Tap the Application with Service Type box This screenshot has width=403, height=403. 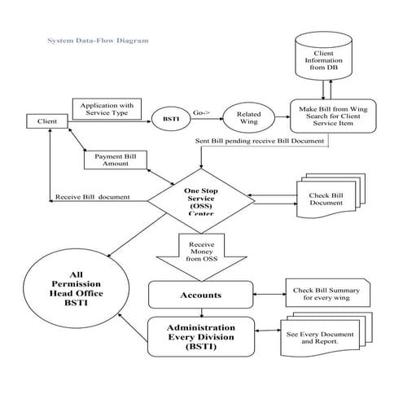pos(107,108)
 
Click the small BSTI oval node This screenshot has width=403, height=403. pos(171,120)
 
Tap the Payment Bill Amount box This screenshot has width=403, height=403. pos(116,159)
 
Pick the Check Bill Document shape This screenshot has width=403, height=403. pos(327,199)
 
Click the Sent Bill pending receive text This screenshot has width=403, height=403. pos(260,141)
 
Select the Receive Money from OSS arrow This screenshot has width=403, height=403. pos(201,252)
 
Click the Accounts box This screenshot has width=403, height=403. pos(199,294)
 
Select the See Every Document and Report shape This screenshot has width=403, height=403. pos(326,335)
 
